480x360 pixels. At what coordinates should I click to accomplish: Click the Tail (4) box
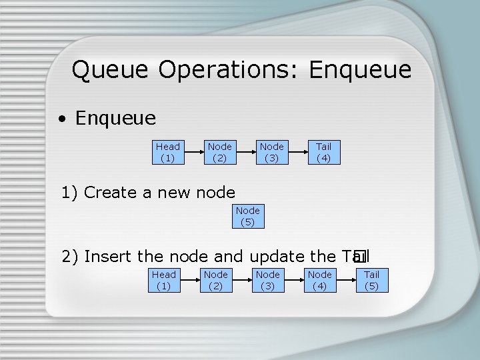323,152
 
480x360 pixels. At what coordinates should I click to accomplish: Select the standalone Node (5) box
247,216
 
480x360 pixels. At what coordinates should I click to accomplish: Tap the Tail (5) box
371,280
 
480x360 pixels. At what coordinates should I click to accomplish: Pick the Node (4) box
319,280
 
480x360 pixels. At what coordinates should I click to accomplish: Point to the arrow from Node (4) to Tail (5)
345,280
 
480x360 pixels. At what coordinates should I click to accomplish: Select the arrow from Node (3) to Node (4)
293,280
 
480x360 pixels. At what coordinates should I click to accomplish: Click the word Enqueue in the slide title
360,69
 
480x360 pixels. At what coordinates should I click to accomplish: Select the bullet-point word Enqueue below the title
115,119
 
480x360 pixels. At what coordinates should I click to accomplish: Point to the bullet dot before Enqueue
61,120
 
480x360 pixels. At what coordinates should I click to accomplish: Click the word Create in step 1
111,193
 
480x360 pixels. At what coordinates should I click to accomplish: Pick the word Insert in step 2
108,256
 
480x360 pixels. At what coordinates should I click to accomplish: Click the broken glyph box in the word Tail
361,256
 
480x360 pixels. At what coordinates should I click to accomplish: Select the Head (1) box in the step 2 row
163,280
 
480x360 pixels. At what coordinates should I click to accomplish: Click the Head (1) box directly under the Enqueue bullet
167,152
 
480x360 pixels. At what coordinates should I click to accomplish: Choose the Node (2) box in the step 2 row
215,280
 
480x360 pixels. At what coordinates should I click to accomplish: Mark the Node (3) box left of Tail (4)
271,152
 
